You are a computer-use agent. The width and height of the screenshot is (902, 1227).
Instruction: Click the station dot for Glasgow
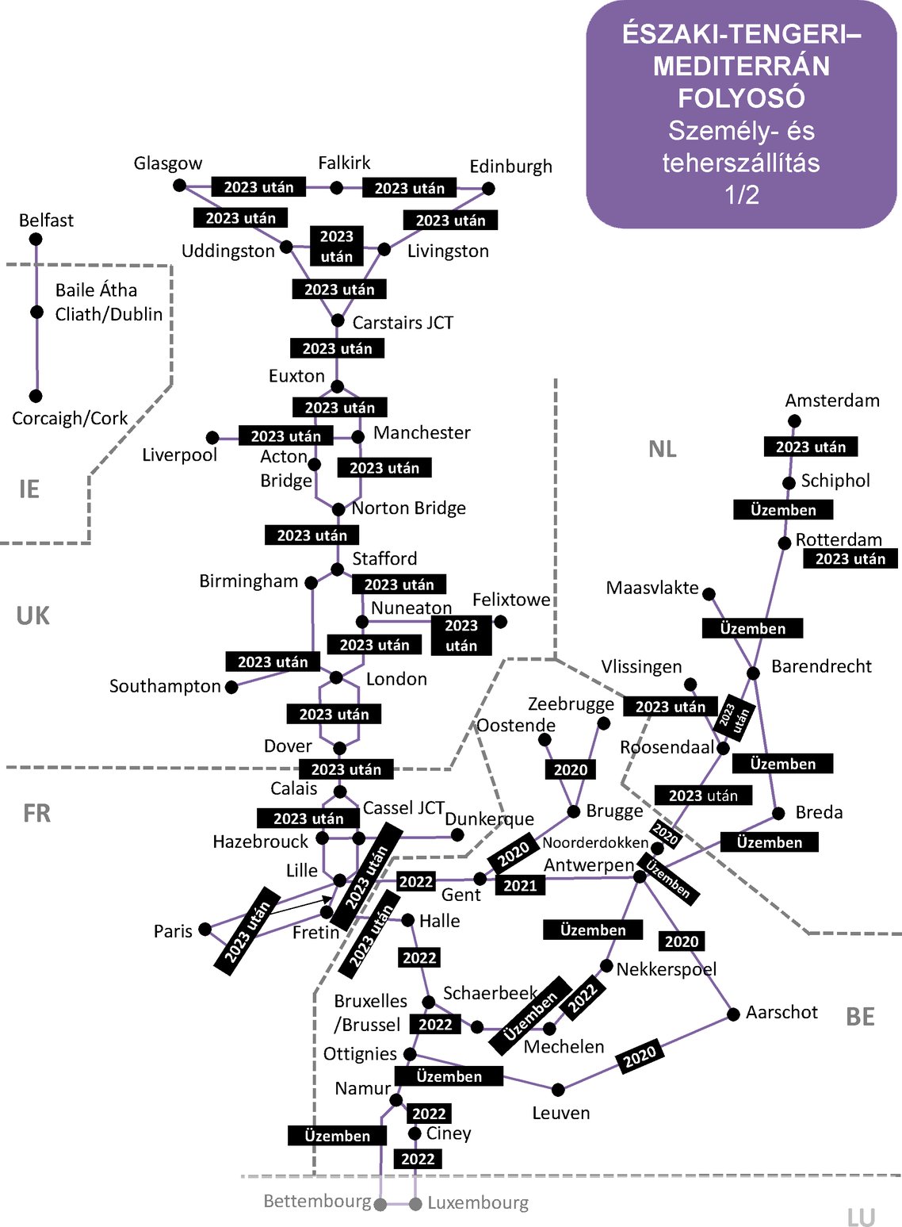point(180,186)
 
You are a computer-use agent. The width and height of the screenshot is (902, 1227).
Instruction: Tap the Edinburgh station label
point(510,167)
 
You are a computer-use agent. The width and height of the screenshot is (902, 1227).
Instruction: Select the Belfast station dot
point(36,239)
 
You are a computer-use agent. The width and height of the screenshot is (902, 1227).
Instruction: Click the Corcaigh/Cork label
point(70,418)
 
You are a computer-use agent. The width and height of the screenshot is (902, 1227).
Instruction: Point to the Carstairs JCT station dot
point(338,320)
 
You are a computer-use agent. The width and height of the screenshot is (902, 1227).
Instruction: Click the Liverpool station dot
point(212,438)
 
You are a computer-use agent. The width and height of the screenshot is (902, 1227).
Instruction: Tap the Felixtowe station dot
point(500,622)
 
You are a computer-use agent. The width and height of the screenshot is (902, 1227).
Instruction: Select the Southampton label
point(165,686)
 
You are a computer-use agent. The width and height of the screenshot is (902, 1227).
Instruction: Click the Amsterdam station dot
point(794,421)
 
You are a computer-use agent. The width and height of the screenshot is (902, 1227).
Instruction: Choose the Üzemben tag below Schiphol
point(783,510)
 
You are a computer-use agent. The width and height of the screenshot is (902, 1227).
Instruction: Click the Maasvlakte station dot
point(709,594)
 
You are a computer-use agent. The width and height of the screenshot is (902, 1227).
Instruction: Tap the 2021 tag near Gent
point(520,885)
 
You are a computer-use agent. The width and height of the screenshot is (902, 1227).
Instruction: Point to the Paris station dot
point(205,929)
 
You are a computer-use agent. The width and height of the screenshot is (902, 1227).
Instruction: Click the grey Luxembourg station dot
point(415,1204)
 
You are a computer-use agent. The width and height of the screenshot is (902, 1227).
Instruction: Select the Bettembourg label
point(317,1201)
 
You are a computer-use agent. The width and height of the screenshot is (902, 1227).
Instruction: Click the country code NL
point(662,450)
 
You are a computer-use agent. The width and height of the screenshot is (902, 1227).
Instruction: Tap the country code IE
point(29,489)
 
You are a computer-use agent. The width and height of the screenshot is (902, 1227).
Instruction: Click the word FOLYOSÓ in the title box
point(741,98)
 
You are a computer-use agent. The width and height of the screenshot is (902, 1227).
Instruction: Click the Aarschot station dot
point(733,1014)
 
